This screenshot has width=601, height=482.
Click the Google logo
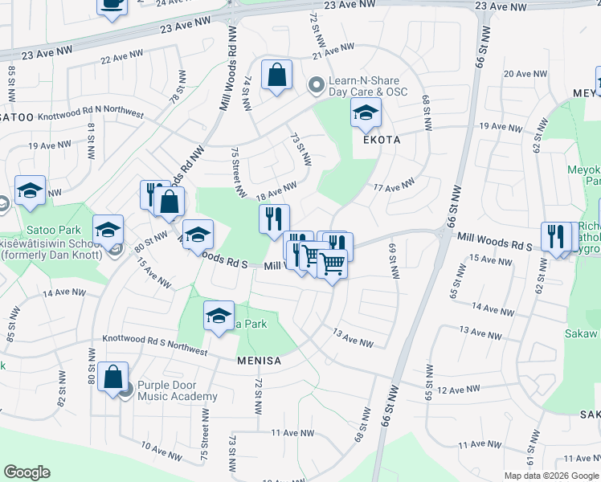pos(27,472)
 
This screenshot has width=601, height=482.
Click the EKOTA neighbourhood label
pos(382,139)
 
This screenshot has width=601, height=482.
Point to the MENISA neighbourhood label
pos(259,361)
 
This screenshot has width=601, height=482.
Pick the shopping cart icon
pos(331,263)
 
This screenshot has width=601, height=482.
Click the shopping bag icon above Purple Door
pos(113,376)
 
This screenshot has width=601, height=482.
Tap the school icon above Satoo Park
pos(30,191)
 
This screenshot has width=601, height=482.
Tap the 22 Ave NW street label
pos(122,57)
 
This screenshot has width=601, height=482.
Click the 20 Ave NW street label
pos(525,74)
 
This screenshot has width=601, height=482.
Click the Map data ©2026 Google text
pos(550,476)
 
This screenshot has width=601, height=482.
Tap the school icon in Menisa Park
pos(217,316)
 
